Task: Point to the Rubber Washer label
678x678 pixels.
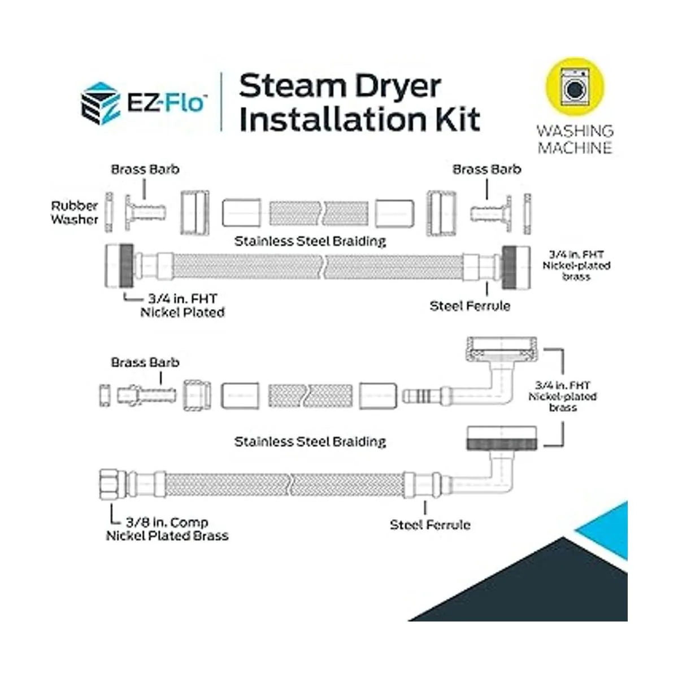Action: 75,212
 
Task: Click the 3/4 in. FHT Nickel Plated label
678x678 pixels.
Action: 182,305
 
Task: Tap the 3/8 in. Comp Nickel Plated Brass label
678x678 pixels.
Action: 167,529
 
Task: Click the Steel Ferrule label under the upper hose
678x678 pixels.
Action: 470,306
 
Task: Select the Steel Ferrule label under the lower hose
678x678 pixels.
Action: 430,525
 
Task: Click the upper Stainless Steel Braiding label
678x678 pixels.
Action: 310,241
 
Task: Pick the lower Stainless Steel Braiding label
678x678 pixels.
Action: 310,441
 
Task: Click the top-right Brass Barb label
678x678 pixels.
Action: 487,169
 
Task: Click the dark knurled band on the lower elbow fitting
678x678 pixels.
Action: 502,442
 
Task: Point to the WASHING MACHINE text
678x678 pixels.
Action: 575,139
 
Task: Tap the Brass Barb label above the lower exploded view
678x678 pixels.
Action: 145,362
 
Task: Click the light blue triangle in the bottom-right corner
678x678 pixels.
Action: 607,528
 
